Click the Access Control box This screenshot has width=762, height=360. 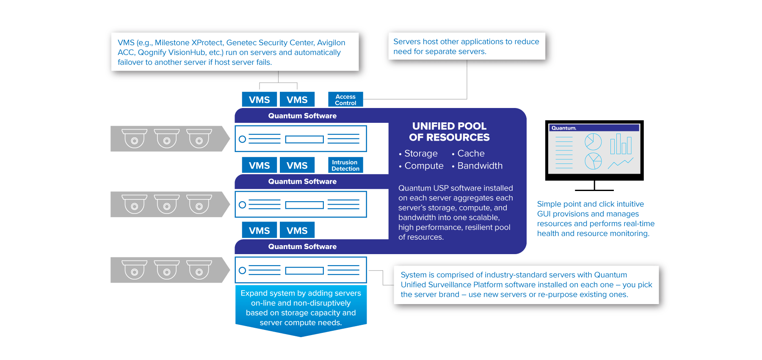(x=345, y=100)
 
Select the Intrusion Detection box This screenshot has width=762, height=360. (x=345, y=165)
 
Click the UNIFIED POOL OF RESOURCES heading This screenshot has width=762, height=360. (x=449, y=132)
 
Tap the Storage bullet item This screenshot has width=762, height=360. (x=421, y=153)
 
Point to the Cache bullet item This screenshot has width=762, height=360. (x=471, y=153)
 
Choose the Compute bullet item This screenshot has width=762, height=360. (x=424, y=166)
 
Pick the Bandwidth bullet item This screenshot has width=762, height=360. (x=480, y=166)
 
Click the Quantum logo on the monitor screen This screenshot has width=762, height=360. (x=563, y=128)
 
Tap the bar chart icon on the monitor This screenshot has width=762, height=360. (x=621, y=144)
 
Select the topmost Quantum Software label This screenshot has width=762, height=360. (x=302, y=116)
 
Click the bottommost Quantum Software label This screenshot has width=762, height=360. (x=302, y=246)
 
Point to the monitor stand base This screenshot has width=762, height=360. (x=594, y=190)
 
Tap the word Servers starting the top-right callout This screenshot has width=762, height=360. (x=407, y=42)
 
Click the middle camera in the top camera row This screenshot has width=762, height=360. (x=167, y=138)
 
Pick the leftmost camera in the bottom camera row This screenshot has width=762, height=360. (x=134, y=270)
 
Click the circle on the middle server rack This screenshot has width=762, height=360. (x=242, y=205)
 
